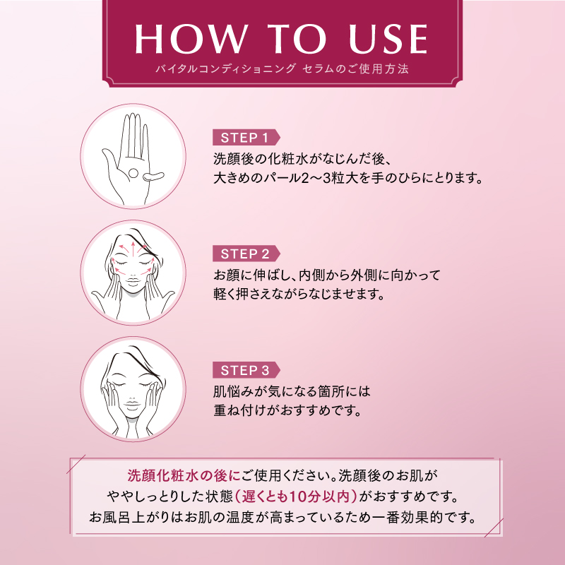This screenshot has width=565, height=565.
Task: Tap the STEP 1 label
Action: [x=245, y=137]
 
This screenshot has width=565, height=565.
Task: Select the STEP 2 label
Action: [x=245, y=254]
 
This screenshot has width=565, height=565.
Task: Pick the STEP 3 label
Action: [x=245, y=370]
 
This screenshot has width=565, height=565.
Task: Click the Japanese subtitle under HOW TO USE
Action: [x=282, y=70]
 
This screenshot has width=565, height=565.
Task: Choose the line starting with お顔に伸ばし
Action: [x=326, y=274]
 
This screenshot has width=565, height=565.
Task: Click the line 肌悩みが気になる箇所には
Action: [x=292, y=391]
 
